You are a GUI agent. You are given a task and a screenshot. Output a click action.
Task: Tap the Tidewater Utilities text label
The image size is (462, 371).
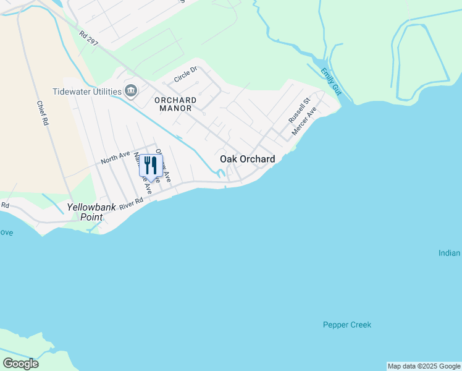[x=95, y=92]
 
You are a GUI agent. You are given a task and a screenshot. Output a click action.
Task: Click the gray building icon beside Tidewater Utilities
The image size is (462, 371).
[x=131, y=92]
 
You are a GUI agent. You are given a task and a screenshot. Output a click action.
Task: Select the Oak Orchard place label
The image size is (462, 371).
[x=248, y=160]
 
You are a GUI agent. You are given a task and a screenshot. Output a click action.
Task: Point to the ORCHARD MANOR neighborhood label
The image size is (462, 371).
[x=175, y=104]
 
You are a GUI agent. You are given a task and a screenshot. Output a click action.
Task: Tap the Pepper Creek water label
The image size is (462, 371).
[x=347, y=325]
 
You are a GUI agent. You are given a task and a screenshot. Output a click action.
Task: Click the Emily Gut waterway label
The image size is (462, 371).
[x=330, y=81]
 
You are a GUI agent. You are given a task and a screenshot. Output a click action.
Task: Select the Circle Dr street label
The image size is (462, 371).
[x=185, y=75]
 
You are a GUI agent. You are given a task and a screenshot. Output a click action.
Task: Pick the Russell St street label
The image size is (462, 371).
[x=298, y=111]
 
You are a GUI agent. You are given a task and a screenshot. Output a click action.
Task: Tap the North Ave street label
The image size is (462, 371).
[x=115, y=158]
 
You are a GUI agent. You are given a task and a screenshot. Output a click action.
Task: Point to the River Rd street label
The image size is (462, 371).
[x=132, y=202]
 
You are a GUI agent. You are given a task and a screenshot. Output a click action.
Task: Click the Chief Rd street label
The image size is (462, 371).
[x=42, y=114]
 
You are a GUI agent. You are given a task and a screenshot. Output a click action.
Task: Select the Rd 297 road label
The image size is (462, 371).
[x=88, y=38]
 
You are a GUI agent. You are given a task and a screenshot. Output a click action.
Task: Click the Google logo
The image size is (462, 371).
[x=20, y=364]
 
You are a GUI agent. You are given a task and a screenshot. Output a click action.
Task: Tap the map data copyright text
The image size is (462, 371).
[x=424, y=366]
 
